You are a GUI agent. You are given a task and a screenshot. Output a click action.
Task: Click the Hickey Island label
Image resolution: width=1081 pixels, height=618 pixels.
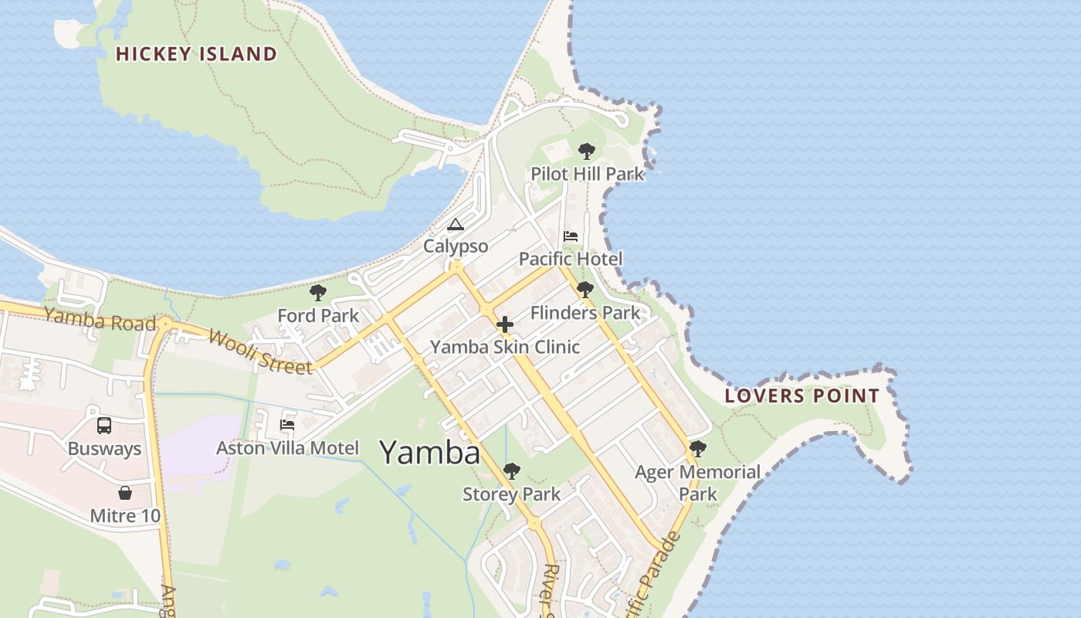(196, 54)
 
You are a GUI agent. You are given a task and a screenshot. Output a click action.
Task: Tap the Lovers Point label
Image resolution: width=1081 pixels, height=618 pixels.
(801, 396)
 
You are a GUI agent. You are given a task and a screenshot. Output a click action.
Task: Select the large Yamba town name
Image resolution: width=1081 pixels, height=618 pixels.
(429, 452)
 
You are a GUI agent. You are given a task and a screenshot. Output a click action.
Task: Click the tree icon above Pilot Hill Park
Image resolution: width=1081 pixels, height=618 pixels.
(587, 151)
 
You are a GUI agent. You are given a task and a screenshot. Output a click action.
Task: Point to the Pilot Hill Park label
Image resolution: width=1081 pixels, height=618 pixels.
(587, 174)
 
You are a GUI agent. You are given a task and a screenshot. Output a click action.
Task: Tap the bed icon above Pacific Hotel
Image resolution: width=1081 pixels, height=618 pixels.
(571, 236)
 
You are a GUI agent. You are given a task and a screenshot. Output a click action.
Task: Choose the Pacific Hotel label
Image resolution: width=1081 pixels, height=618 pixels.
(570, 259)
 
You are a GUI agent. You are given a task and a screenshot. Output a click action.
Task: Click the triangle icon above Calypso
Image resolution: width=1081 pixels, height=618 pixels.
(455, 225)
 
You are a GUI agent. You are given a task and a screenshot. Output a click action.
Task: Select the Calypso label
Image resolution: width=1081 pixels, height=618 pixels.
(456, 246)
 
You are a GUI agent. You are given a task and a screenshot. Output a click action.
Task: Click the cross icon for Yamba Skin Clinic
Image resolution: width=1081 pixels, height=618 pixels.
(505, 324)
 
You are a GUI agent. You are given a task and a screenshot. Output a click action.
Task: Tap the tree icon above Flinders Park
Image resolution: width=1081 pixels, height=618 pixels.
(585, 290)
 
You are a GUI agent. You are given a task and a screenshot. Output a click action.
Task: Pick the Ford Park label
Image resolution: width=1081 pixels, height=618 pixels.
(318, 315)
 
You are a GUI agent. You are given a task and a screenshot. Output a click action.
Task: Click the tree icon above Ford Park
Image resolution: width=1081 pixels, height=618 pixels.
(317, 293)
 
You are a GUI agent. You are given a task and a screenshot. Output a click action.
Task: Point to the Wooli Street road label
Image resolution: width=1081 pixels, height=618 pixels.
(260, 351)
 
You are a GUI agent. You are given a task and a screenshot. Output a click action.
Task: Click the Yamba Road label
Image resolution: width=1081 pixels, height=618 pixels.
(100, 318)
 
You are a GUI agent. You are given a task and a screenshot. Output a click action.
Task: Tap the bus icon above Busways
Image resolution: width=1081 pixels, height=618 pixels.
(104, 426)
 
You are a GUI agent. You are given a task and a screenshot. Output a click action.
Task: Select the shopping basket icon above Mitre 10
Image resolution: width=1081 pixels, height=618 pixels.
(125, 493)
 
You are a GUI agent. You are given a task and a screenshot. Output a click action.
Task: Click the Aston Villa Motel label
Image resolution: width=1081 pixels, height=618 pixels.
(287, 448)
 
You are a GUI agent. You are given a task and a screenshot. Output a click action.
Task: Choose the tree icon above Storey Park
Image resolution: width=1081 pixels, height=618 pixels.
(511, 471)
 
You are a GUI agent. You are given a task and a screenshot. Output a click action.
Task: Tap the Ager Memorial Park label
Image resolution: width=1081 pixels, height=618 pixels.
(697, 482)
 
